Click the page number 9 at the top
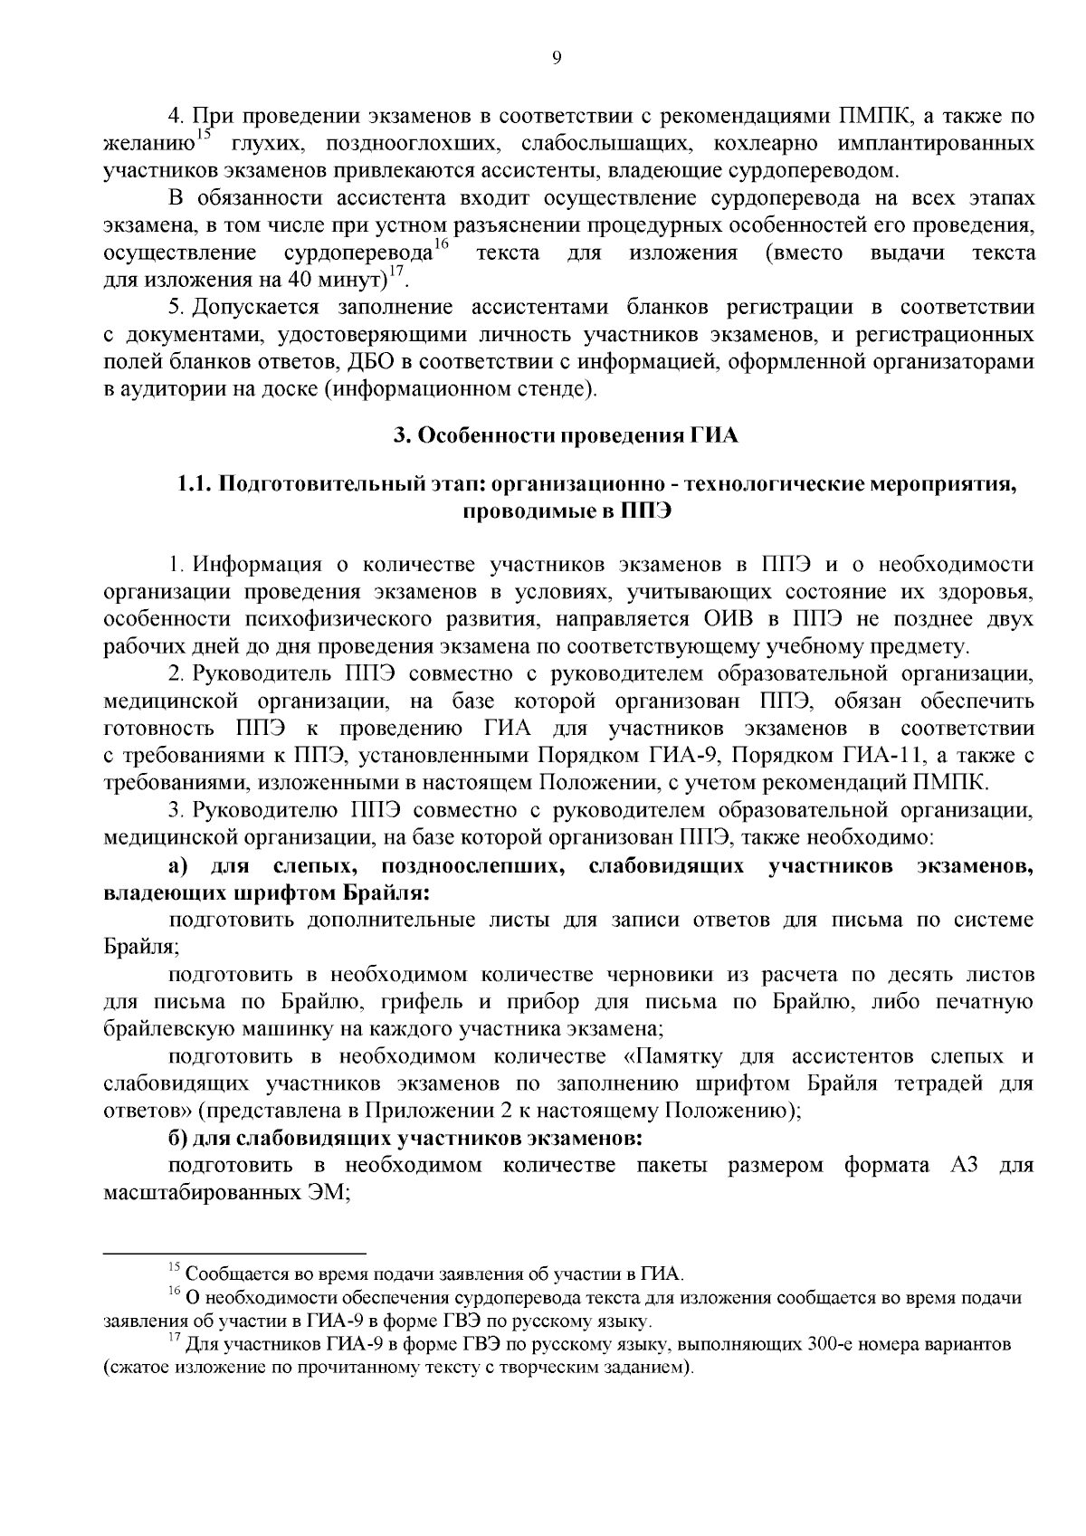coord(557,60)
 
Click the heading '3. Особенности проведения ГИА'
coord(566,436)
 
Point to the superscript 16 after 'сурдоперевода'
coord(441,243)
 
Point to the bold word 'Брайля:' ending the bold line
coord(386,893)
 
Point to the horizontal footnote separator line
coord(234,1254)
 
